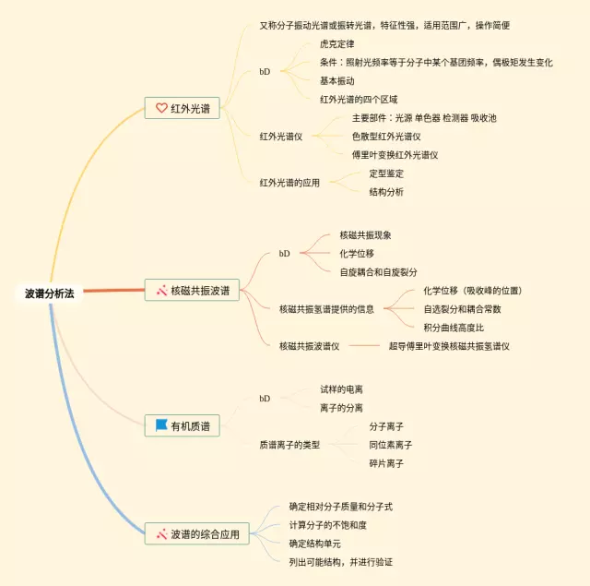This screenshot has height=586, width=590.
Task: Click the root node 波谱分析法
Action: click(x=50, y=293)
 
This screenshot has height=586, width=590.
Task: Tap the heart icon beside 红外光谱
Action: click(x=161, y=108)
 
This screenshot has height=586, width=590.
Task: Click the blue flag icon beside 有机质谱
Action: click(x=161, y=425)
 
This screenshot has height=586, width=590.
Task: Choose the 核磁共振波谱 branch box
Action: click(x=194, y=291)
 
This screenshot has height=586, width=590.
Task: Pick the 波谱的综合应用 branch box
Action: click(x=197, y=533)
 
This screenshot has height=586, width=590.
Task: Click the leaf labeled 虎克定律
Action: click(x=336, y=43)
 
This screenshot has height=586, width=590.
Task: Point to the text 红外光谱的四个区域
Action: click(x=358, y=99)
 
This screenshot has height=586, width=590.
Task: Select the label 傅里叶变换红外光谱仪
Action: click(x=395, y=154)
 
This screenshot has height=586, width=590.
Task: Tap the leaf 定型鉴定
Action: click(x=386, y=173)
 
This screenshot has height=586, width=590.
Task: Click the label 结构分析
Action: click(x=386, y=192)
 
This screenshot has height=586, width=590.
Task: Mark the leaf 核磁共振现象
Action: click(x=366, y=234)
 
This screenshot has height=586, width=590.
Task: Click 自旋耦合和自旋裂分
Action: click(x=378, y=271)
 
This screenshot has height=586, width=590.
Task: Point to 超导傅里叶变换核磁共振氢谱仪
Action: click(x=449, y=346)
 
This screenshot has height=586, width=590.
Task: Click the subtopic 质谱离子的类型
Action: click(x=289, y=445)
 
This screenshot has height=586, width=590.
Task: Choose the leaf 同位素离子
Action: click(x=391, y=445)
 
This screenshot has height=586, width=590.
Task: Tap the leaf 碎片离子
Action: click(x=386, y=463)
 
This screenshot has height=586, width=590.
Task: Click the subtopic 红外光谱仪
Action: click(x=288, y=136)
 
